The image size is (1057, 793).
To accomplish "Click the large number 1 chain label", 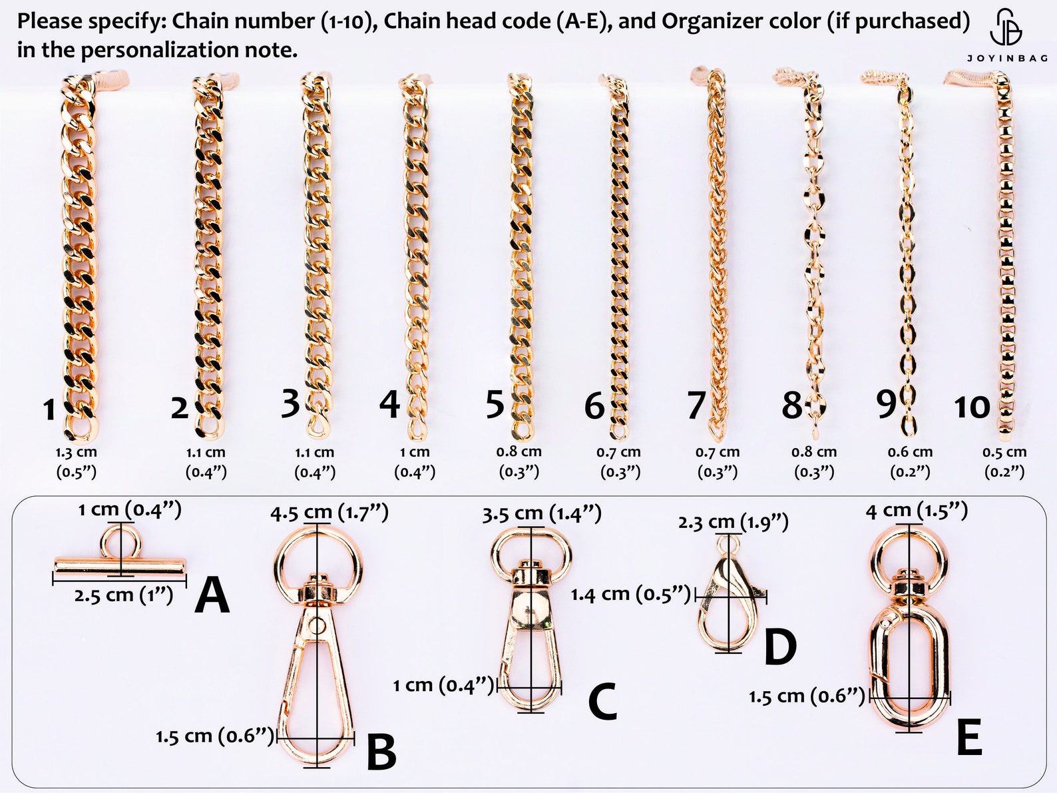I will [x=49, y=410].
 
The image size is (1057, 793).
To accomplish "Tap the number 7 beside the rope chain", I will [x=696, y=405].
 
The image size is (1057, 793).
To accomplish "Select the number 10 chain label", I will [x=972, y=407].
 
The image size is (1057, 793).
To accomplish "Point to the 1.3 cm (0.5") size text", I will [x=76, y=462].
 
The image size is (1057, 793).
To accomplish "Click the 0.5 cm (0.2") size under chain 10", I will [x=1004, y=462].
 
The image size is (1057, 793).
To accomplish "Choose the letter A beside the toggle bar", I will [x=212, y=596].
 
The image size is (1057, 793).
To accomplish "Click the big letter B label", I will [x=381, y=752].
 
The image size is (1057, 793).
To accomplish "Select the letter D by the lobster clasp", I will [x=780, y=647].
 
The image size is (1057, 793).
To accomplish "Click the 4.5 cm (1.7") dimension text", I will [x=329, y=513].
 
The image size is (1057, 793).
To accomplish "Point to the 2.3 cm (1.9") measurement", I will [x=733, y=522].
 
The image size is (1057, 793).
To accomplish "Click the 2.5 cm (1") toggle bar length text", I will [x=124, y=595].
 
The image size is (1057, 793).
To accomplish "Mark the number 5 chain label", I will [x=495, y=405].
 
